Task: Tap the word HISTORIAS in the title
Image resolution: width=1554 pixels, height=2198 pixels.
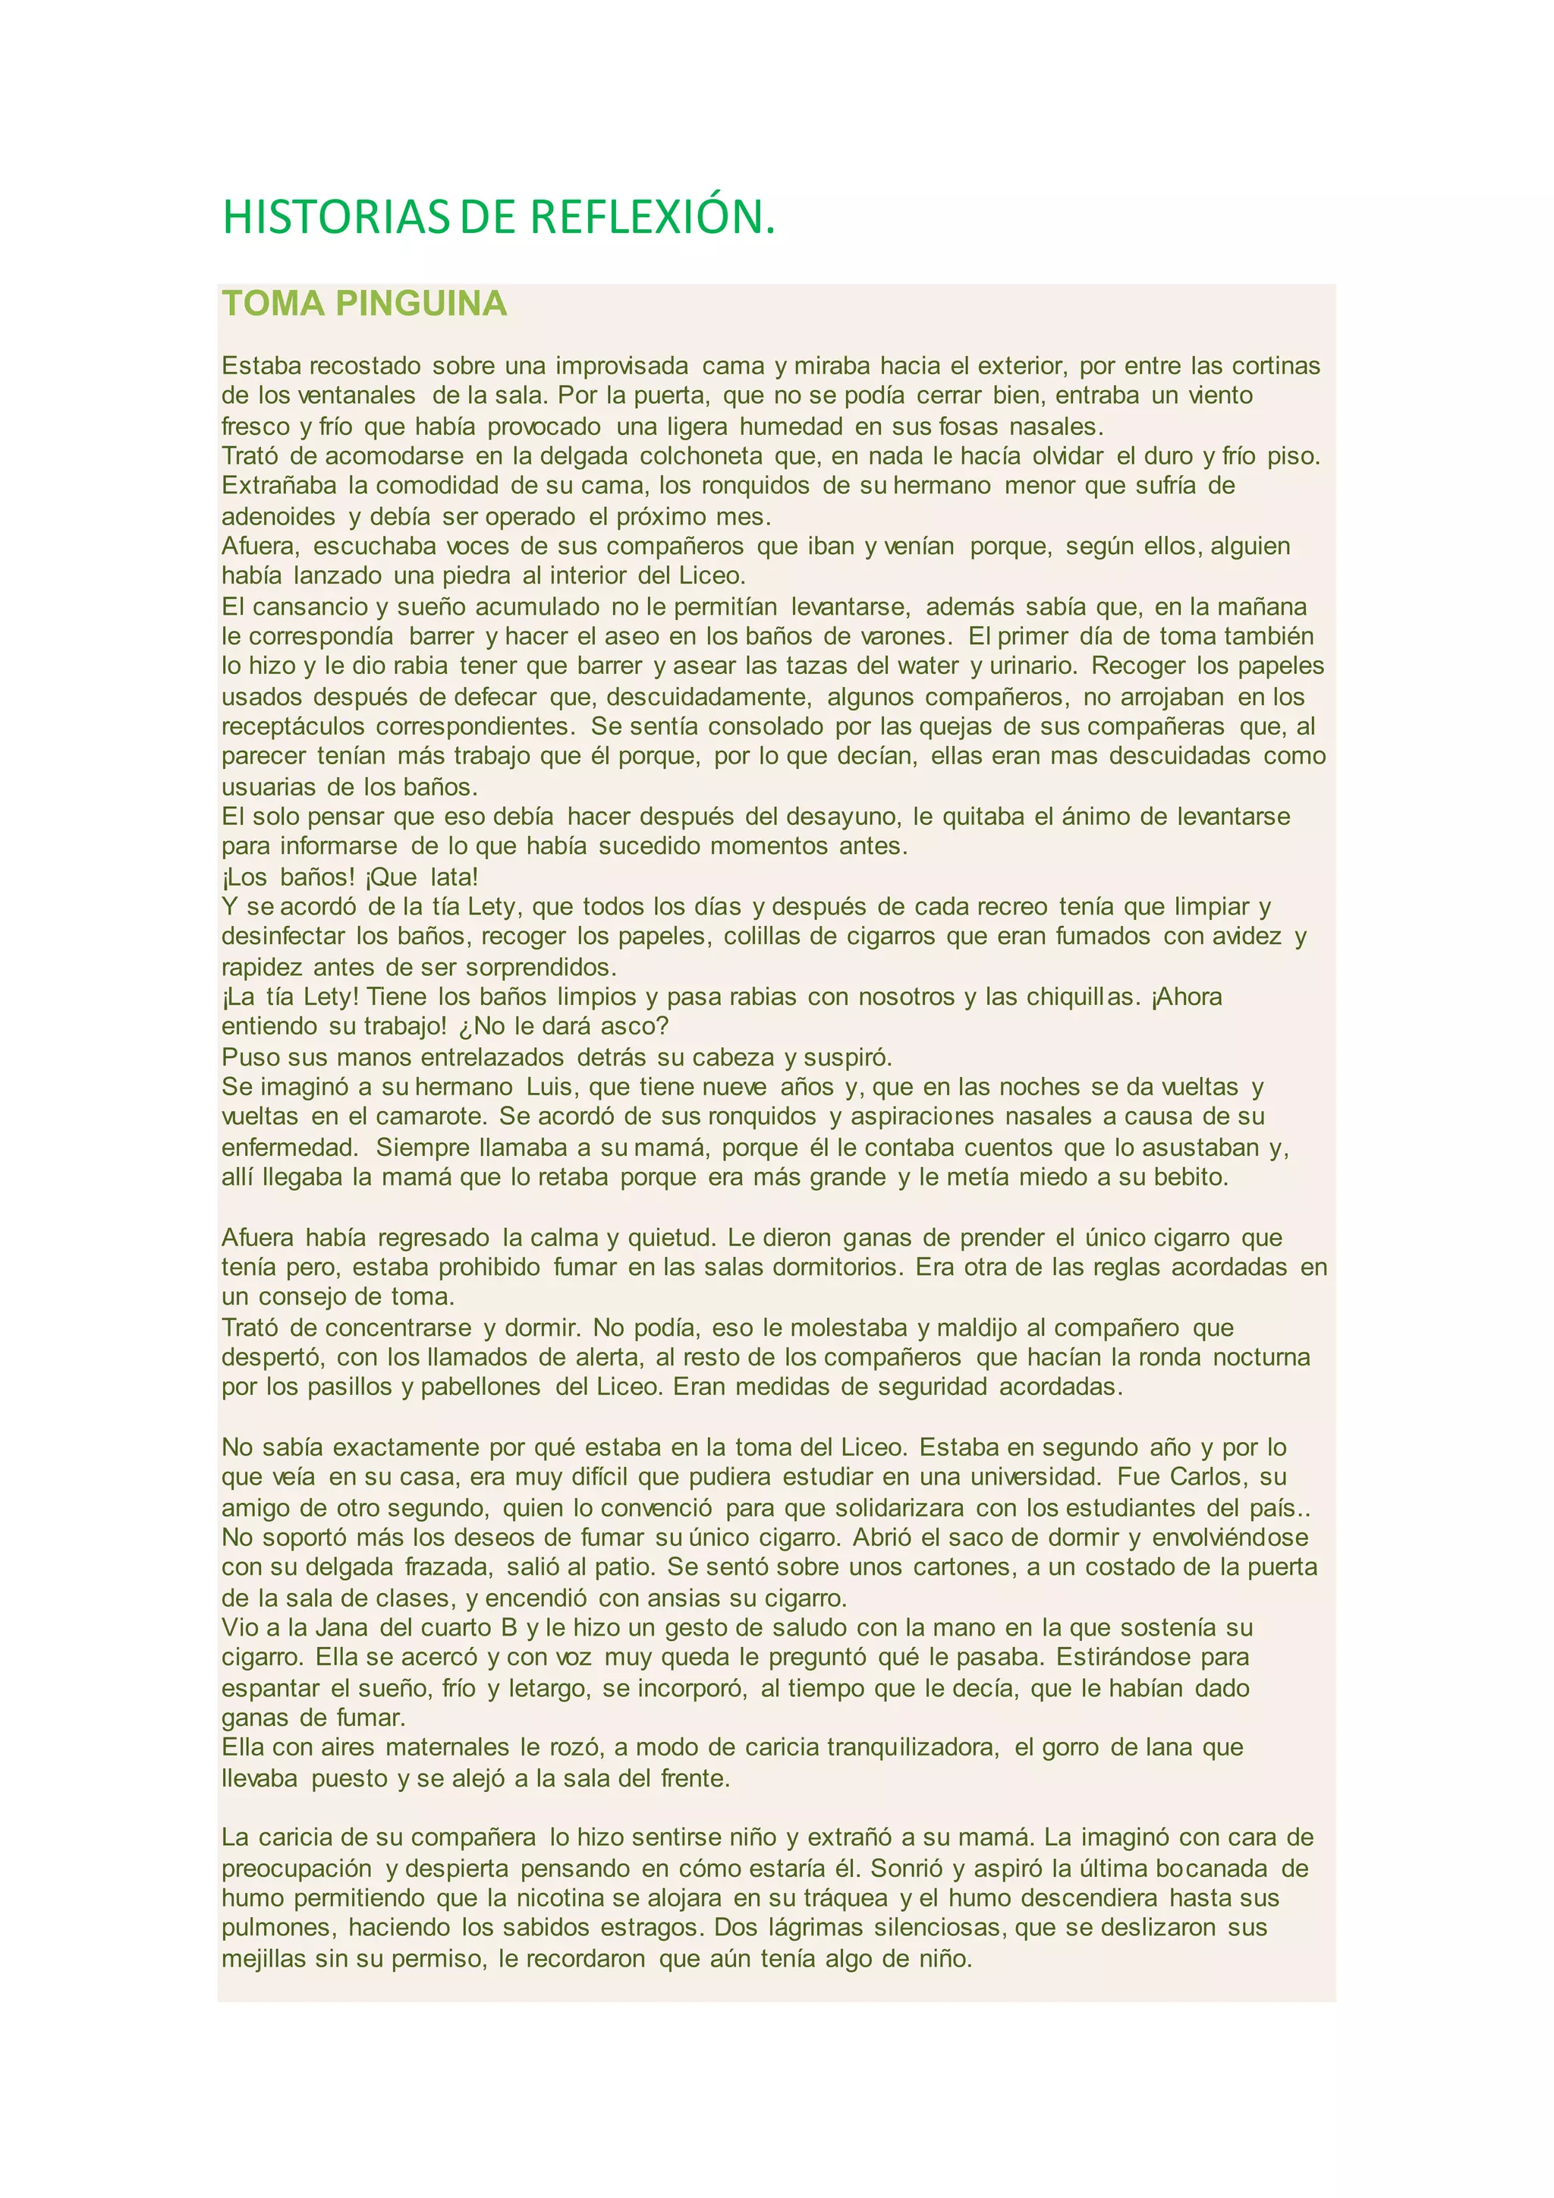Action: point(336,217)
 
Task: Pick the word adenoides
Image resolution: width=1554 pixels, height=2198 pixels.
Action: point(278,517)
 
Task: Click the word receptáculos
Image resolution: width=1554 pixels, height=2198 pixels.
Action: point(293,726)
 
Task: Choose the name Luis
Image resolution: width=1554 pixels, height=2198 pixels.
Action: point(549,1087)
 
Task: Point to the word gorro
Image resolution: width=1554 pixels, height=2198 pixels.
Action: point(1056,1747)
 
